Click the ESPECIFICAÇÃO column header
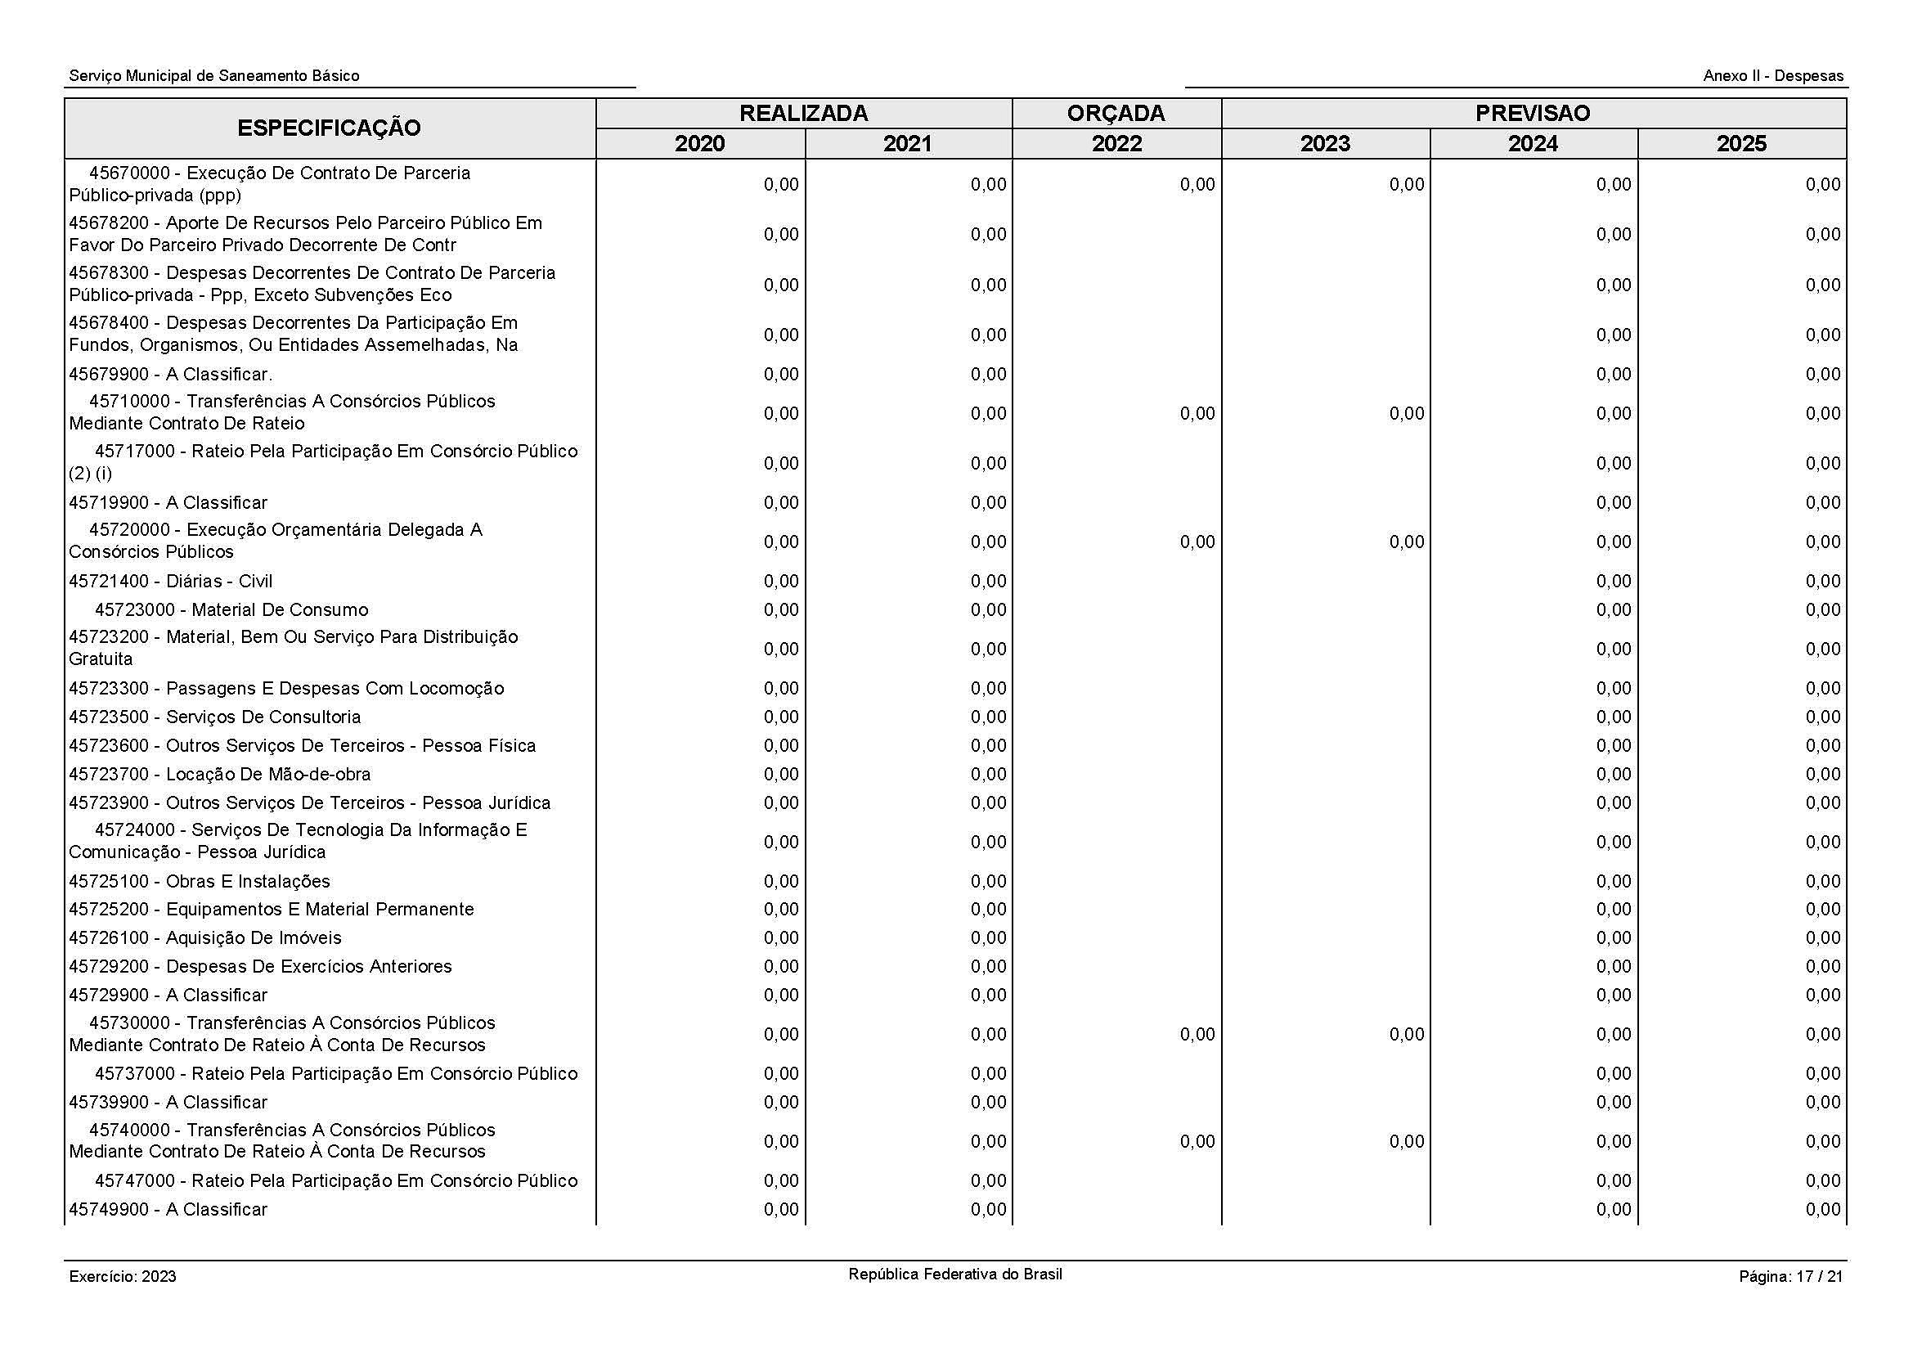coord(329,128)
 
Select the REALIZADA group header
coord(803,114)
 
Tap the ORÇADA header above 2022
coord(1116,114)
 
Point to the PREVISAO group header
coord(1532,114)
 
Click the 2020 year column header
coord(700,144)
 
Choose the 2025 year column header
coord(1741,144)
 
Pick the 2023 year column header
coord(1325,144)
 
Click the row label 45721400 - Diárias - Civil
coord(171,582)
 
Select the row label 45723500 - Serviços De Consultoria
coord(215,717)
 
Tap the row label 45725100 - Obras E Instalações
coord(199,882)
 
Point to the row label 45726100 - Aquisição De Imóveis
coord(205,938)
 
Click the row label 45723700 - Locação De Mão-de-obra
coord(219,775)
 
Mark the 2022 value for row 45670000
coord(1197,185)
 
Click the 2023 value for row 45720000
coord(1407,542)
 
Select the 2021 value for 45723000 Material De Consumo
coord(988,610)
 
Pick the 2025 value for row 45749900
coord(1823,1210)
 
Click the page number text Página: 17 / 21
coord(1790,1276)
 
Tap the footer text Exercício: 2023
coord(123,1276)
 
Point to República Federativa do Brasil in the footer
coord(954,1274)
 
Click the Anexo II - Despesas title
coord(1773,76)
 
